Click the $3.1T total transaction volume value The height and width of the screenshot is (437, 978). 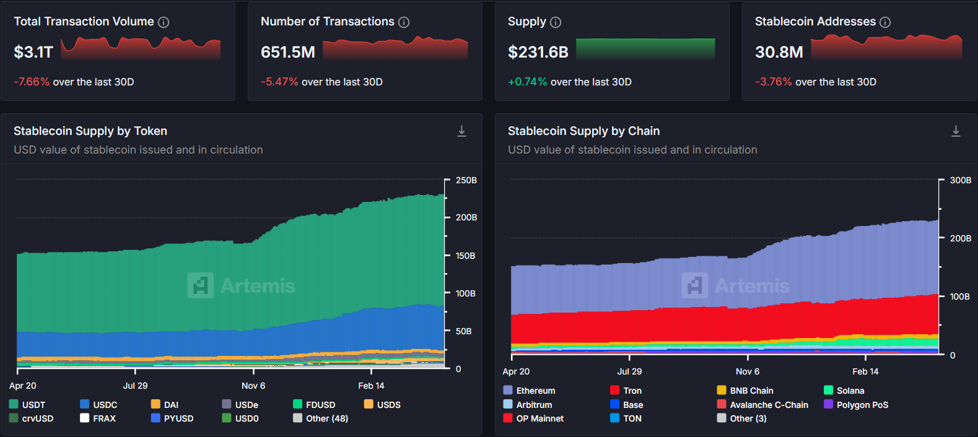point(33,52)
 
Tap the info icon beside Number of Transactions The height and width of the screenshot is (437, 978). point(404,22)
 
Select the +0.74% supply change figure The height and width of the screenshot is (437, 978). point(527,82)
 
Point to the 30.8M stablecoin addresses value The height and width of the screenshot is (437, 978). point(779,52)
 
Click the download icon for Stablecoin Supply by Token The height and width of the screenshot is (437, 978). point(461,131)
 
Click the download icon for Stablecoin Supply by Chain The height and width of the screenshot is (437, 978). point(956,131)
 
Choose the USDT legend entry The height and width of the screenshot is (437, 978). point(28,405)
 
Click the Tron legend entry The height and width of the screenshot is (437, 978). point(626,391)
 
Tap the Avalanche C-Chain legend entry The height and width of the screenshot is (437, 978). point(762,405)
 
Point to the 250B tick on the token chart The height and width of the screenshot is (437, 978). point(466,180)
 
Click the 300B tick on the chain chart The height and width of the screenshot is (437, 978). point(961,180)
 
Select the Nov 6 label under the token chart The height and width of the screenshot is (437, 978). point(253,386)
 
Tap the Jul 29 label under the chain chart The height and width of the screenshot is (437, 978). point(629,371)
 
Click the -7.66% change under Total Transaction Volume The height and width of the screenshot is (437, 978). point(32,82)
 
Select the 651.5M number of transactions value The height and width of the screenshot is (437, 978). point(288,52)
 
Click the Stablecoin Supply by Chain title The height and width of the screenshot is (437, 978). point(583,131)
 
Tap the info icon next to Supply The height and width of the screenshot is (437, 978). point(556,22)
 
